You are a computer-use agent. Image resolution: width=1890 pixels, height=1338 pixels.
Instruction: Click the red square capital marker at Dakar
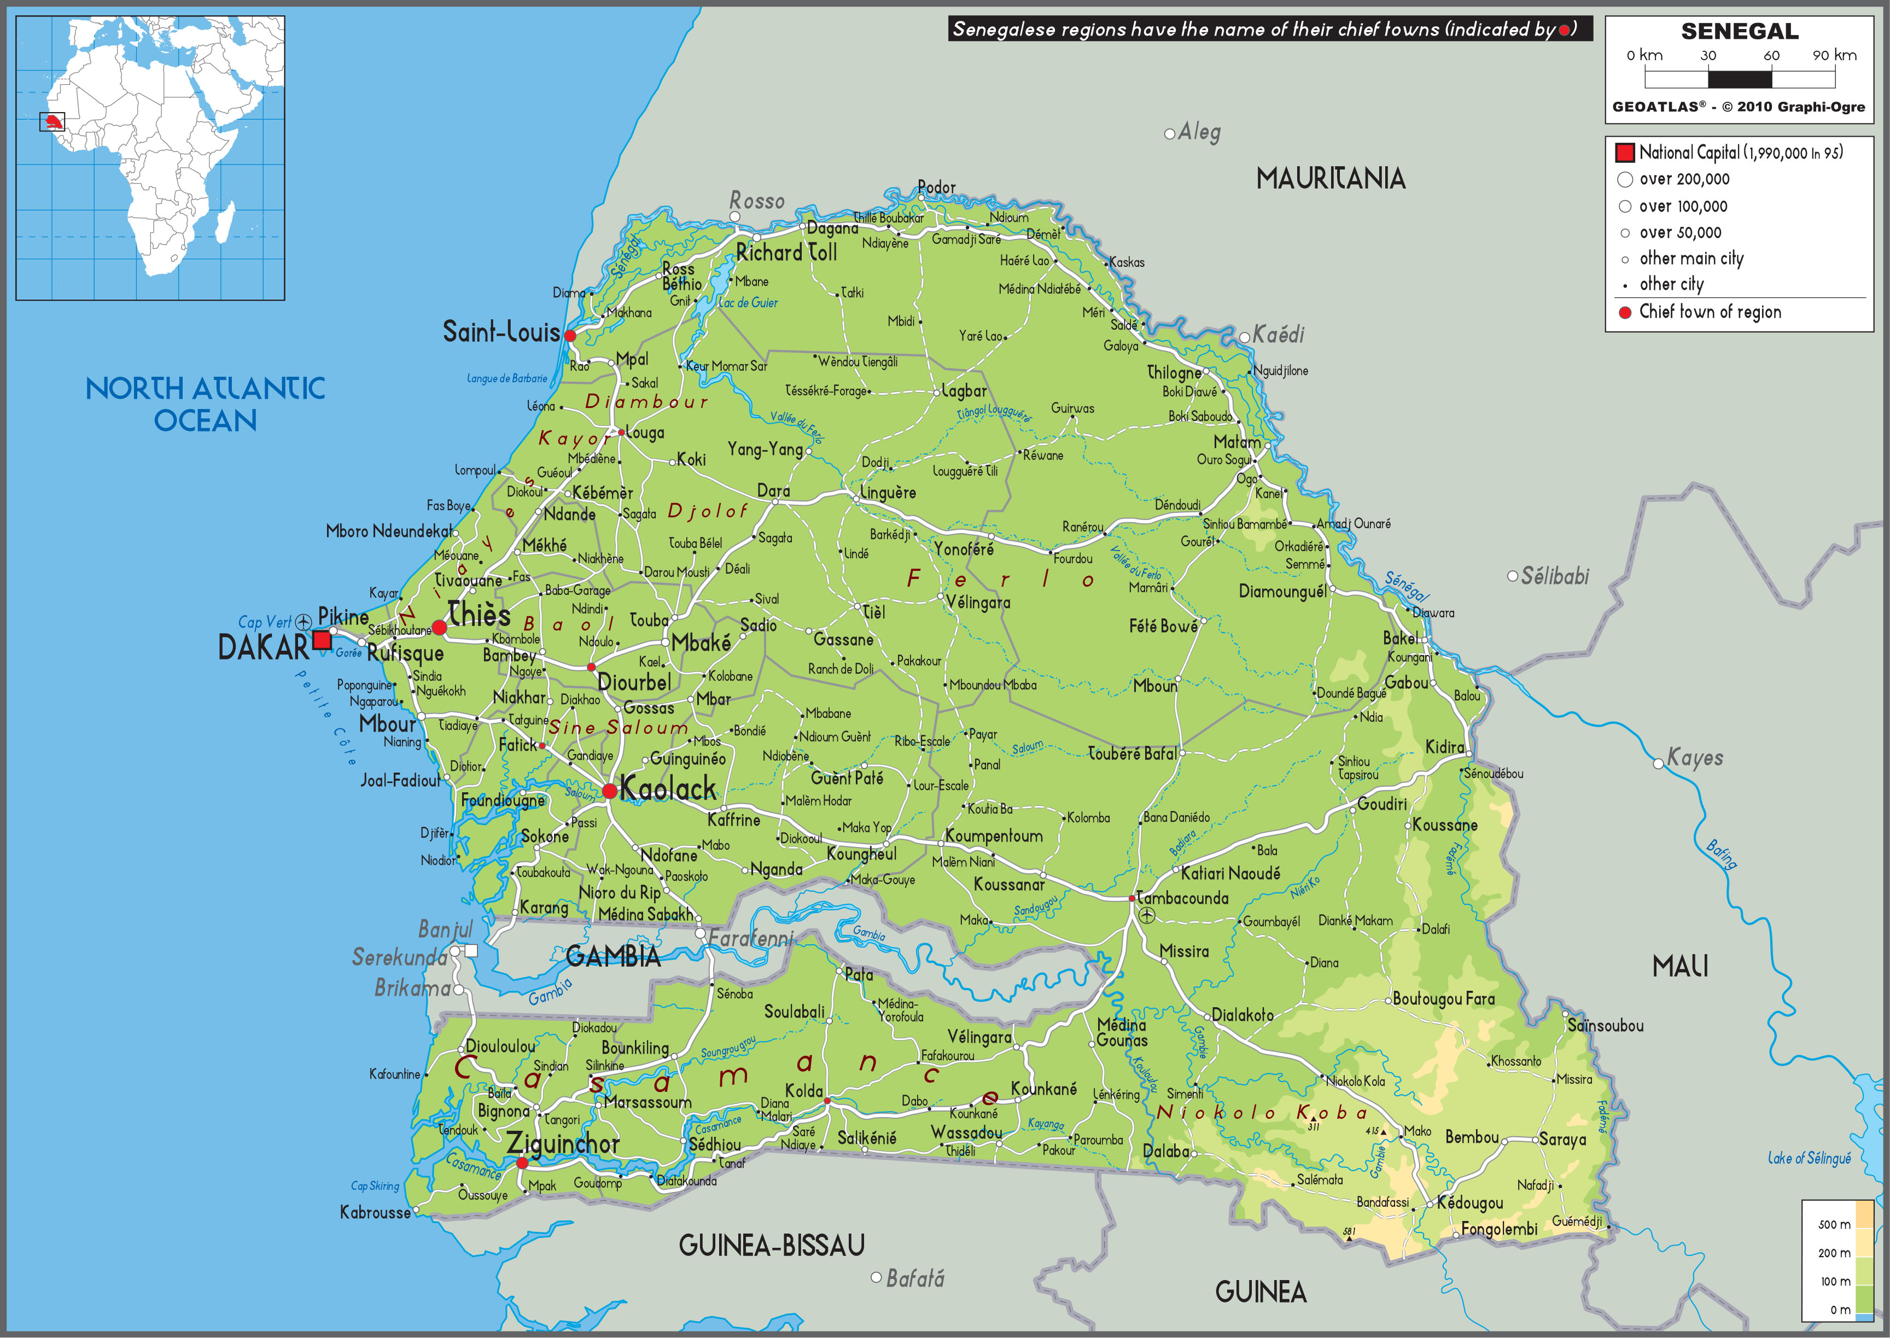(x=322, y=640)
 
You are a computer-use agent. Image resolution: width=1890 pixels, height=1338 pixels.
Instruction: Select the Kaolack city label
(x=667, y=788)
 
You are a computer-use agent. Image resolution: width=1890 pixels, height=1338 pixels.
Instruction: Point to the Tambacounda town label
(x=1182, y=898)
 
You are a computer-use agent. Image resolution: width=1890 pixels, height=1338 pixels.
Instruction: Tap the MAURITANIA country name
(x=1330, y=178)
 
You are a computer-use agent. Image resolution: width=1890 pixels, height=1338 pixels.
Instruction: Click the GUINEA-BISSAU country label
(x=771, y=1245)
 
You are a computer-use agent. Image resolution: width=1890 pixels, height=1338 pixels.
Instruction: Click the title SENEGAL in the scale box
(x=1739, y=31)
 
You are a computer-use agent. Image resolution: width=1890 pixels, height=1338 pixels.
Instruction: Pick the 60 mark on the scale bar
(x=1771, y=55)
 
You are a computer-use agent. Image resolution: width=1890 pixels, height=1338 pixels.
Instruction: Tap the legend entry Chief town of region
(x=1710, y=312)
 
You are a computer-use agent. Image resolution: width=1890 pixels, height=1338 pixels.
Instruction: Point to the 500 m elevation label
(x=1834, y=1224)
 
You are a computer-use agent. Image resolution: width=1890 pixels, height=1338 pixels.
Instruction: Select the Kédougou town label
(x=1470, y=1203)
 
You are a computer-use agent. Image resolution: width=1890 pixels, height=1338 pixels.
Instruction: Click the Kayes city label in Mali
(x=1695, y=757)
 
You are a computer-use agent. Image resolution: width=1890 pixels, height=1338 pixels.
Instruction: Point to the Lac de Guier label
(x=748, y=302)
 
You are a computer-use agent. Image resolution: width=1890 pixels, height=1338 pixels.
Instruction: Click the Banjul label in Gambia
(x=445, y=930)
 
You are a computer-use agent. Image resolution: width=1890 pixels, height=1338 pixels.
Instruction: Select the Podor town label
(x=937, y=187)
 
